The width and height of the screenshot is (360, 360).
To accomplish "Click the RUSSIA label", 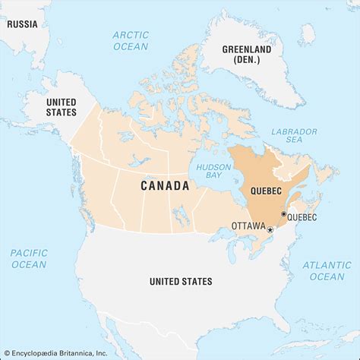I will click(23, 23).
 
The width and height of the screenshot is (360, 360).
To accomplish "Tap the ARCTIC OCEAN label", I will click(131, 41).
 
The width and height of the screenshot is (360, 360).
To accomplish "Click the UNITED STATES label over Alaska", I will click(61, 107).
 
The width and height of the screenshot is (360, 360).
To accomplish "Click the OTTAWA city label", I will click(248, 226).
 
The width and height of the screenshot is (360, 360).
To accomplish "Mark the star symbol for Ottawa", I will click(270, 229).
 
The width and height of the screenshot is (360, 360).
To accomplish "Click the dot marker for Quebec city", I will click(284, 215).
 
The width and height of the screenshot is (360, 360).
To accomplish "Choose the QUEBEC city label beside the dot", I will click(302, 217).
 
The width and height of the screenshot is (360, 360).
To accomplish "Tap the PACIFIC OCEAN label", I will click(28, 258).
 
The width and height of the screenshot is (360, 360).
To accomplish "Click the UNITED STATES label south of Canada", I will click(181, 282).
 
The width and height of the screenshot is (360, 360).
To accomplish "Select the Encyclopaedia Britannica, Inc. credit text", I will click(55, 352).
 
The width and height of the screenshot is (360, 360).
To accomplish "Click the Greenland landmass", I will click(258, 84).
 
